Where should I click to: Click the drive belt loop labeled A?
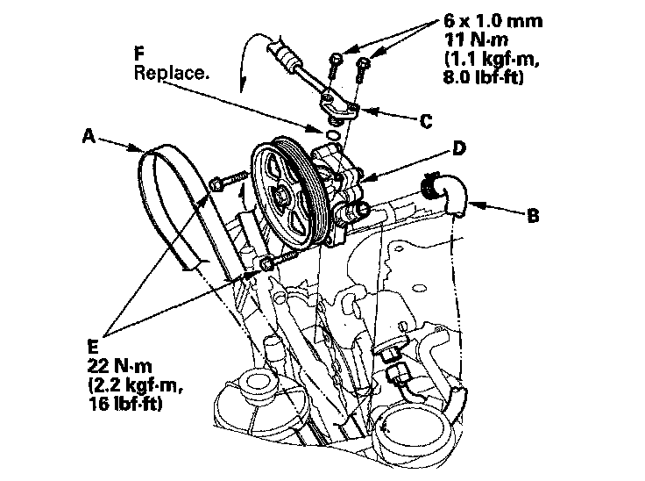click(x=167, y=211)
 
